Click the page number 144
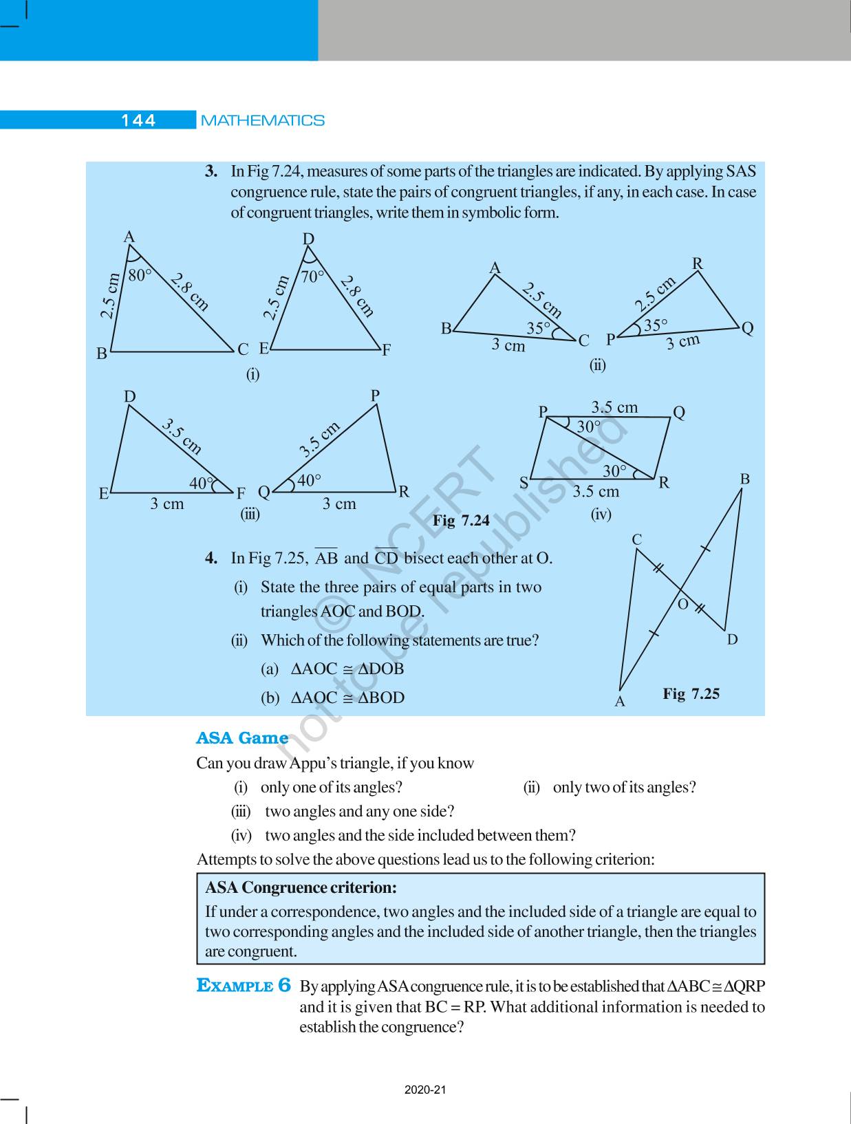pyautogui.click(x=138, y=120)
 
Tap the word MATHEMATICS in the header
pyautogui.click(x=262, y=120)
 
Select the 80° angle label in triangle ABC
pyautogui.click(x=140, y=275)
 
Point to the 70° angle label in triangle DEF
pyautogui.click(x=312, y=277)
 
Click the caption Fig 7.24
pyautogui.click(x=461, y=521)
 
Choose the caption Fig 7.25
pyautogui.click(x=691, y=693)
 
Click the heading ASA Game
pyautogui.click(x=242, y=738)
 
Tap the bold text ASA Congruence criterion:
pyautogui.click(x=301, y=887)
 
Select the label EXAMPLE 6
pyautogui.click(x=244, y=986)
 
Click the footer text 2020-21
pyautogui.click(x=426, y=1090)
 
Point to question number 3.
pyautogui.click(x=211, y=171)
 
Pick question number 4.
pyautogui.click(x=211, y=558)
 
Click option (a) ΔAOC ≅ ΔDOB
pyautogui.click(x=333, y=669)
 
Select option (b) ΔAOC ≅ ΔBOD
pyautogui.click(x=333, y=698)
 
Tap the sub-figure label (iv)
pyautogui.click(x=601, y=514)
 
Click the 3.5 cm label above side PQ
pyautogui.click(x=614, y=407)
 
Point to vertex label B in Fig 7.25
pyautogui.click(x=744, y=479)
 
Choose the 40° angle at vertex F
pyautogui.click(x=201, y=484)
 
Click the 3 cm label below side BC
pyautogui.click(x=508, y=345)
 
